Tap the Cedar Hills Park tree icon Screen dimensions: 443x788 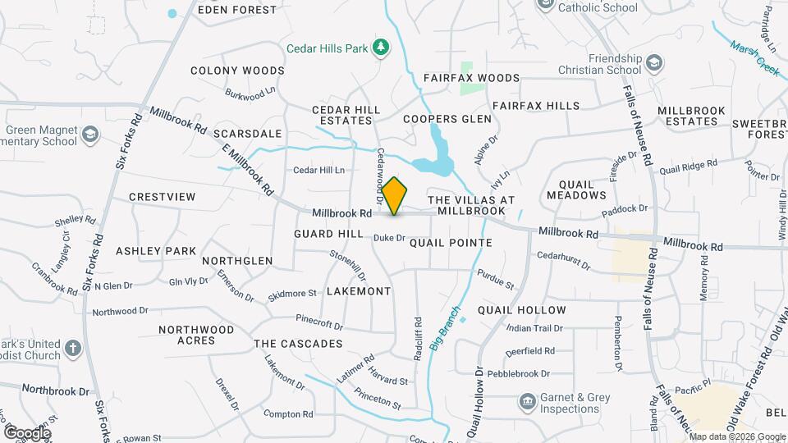(x=380, y=48)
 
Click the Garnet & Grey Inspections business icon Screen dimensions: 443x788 (x=528, y=402)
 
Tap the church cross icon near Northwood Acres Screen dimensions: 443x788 (x=72, y=349)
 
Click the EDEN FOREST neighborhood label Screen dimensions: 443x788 (x=237, y=11)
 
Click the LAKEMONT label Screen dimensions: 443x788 (x=359, y=291)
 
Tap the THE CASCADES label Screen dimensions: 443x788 (x=298, y=344)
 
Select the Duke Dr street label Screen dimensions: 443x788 (x=389, y=239)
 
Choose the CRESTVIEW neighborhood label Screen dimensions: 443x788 (x=163, y=197)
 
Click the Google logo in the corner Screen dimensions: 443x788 (x=27, y=432)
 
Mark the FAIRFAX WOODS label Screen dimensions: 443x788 (x=472, y=78)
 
